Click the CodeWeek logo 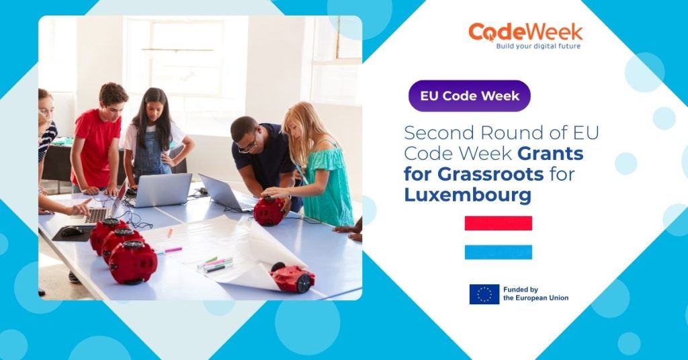pos(525,35)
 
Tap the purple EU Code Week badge pos(469,95)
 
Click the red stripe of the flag pos(498,223)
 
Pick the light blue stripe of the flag pos(498,252)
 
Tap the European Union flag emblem pos(484,294)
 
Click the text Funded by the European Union pos(535,294)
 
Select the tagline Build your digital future pos(538,46)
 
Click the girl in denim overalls pos(155,141)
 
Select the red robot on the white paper pos(293,277)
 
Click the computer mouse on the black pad pos(71,231)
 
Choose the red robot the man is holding pos(269,211)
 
